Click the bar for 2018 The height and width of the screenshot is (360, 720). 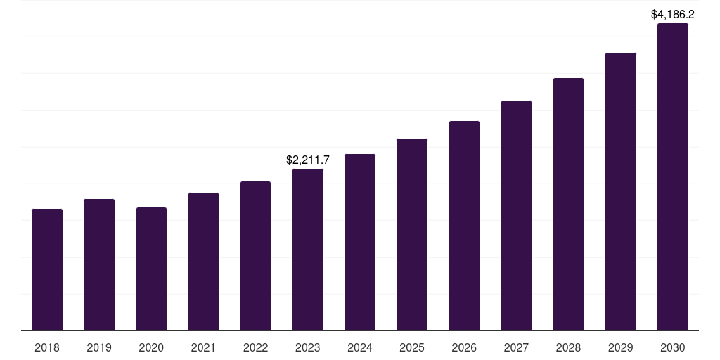(x=47, y=269)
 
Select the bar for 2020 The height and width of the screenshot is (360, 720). (x=152, y=269)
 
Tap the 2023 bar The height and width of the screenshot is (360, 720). (x=308, y=250)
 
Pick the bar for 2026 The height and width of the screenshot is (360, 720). (x=464, y=226)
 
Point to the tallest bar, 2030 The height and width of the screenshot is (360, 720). (x=673, y=176)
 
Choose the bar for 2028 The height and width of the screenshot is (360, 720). (x=568, y=205)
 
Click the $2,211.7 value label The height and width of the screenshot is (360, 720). (x=308, y=160)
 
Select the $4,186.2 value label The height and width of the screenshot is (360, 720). (x=673, y=14)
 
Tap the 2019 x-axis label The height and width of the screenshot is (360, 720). (x=99, y=347)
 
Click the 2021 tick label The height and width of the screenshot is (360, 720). (x=203, y=347)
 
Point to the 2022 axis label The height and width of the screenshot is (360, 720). (x=255, y=347)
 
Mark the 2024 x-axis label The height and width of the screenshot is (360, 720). (x=360, y=347)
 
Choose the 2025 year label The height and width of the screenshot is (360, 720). (x=412, y=347)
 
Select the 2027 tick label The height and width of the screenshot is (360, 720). (x=516, y=347)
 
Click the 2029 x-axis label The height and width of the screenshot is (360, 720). (x=621, y=347)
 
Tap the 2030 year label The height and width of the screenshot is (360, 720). (x=673, y=347)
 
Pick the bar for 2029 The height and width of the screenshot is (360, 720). (x=621, y=192)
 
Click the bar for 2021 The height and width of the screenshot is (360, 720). (x=203, y=262)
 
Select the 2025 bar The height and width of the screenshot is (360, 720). (x=412, y=235)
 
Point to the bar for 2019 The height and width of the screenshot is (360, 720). (x=99, y=265)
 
